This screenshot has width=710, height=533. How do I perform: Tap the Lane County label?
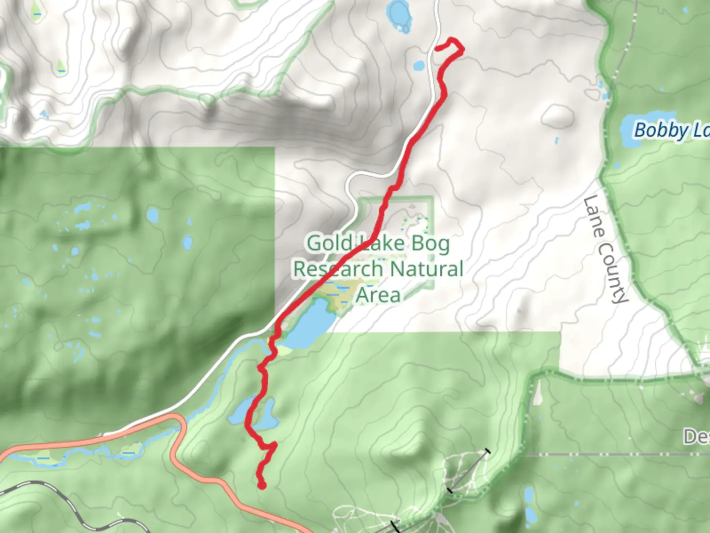click(x=605, y=249)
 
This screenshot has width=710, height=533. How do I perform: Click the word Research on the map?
click(x=338, y=269)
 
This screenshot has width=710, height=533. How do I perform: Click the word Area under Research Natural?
click(x=378, y=295)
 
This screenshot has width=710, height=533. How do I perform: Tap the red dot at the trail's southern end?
click(x=262, y=486)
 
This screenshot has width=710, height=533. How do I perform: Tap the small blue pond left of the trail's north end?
click(x=419, y=65)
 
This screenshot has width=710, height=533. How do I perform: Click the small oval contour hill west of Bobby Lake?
click(x=557, y=115)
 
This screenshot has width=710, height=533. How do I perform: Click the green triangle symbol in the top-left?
click(x=61, y=66)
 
